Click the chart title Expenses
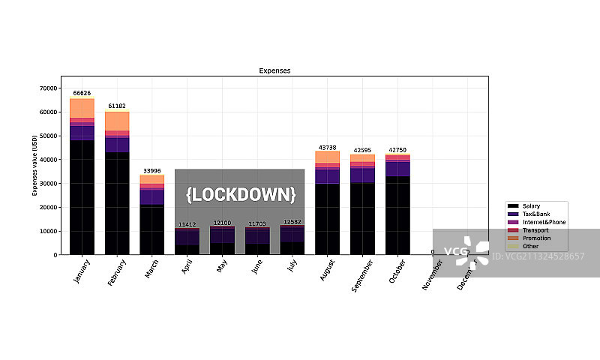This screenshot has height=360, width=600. pos(274,70)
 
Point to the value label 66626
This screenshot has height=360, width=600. pos(82,94)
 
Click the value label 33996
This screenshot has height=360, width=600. pos(152,171)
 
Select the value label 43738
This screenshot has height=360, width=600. pos(328,148)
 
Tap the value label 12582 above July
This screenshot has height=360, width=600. pos(292,222)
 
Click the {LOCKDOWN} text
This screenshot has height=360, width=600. pos(241,195)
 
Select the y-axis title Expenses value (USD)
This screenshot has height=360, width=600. pos(34,166)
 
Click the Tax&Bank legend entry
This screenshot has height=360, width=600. pos(533,214)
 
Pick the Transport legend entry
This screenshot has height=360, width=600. pos(533,229)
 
